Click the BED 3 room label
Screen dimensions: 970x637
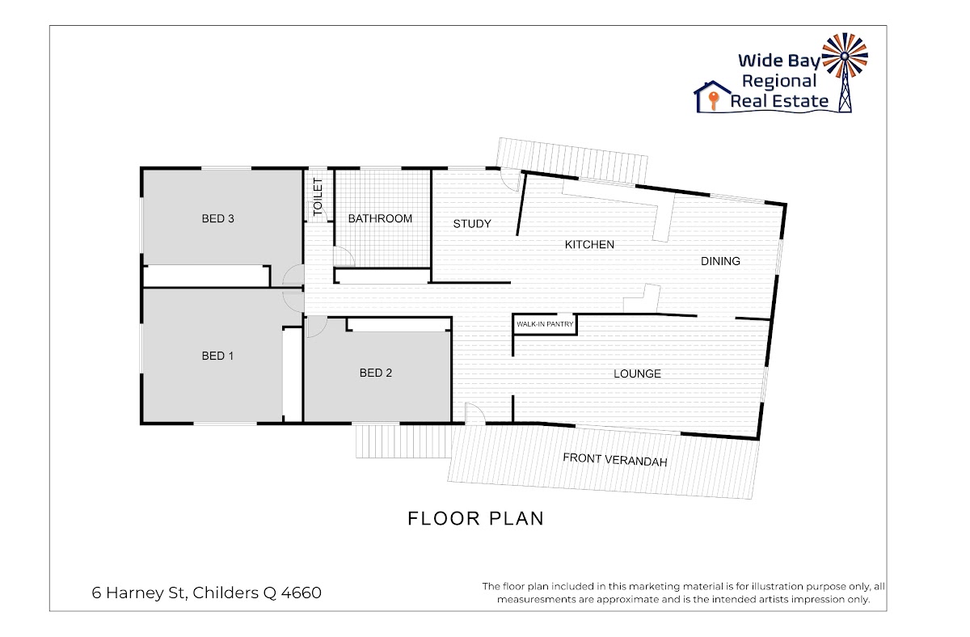[x=217, y=219]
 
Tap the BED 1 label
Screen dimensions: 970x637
[x=217, y=356]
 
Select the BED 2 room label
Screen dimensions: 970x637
[x=375, y=373]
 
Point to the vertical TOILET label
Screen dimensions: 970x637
[x=318, y=196]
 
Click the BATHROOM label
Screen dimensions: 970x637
[x=380, y=219]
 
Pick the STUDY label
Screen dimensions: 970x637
[x=472, y=224]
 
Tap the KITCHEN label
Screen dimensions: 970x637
[x=589, y=245]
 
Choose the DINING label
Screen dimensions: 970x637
[x=720, y=261]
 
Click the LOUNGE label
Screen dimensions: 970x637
[x=637, y=373]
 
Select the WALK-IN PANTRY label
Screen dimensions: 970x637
[x=545, y=324]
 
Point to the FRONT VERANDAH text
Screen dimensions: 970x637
[x=615, y=460]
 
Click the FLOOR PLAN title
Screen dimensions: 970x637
[x=475, y=519]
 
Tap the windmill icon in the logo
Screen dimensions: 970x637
[x=845, y=72]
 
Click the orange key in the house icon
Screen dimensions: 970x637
[x=713, y=100]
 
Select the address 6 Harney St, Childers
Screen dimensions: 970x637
[x=207, y=593]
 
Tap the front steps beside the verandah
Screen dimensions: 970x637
[x=403, y=441]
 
